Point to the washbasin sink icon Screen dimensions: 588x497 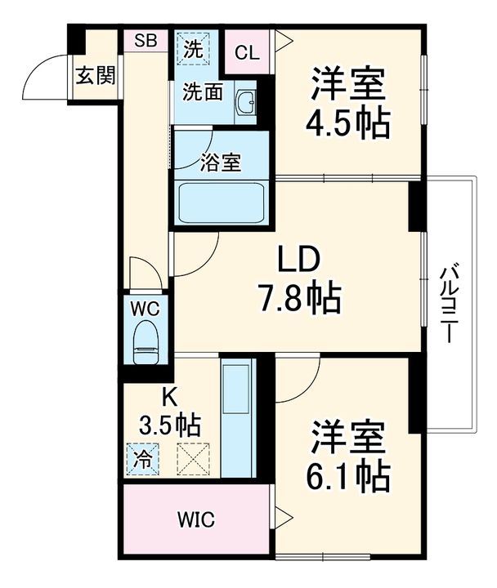(x=245, y=103)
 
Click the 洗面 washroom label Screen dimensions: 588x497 (x=202, y=92)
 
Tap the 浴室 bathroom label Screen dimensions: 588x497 (x=220, y=162)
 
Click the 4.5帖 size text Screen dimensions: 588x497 (x=347, y=122)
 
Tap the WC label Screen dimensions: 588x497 (x=146, y=310)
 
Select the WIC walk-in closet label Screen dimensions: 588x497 (x=195, y=520)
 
